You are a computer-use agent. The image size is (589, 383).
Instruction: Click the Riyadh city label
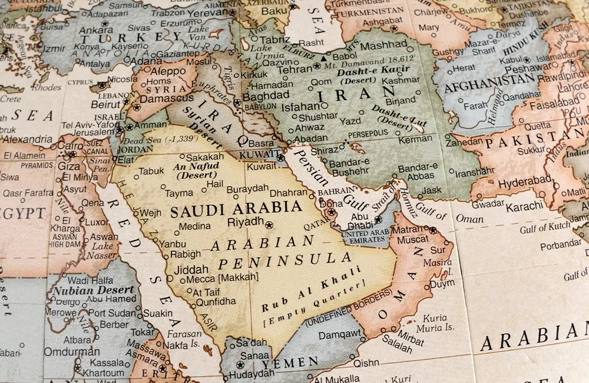245,221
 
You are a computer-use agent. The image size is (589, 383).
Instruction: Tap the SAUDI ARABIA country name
236,208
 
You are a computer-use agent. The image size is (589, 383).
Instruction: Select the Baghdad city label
266,96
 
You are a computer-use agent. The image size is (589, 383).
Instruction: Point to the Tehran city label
293,69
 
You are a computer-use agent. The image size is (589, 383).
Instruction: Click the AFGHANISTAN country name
488,87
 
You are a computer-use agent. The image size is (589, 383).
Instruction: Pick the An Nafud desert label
195,171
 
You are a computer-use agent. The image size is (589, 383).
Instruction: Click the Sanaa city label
255,355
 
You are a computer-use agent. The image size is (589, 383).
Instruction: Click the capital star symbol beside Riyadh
270,224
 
